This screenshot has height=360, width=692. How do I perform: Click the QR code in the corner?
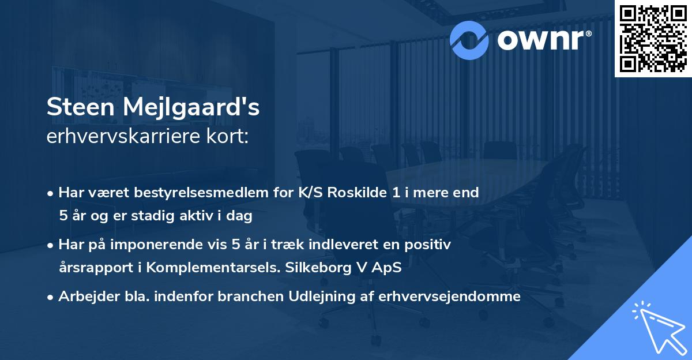pos(653,38)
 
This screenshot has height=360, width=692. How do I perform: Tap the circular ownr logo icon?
pos(469,39)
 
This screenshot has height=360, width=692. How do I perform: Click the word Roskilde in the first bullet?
pos(358,193)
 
